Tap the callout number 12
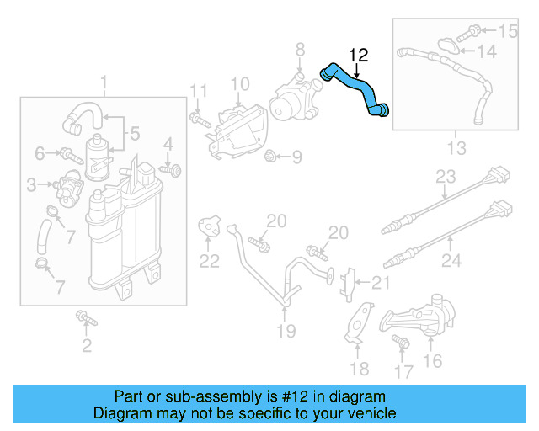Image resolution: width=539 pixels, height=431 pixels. pos(358,56)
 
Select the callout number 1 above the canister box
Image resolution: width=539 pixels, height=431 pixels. pos(104,84)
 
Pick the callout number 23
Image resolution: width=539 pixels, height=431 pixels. pos(446,178)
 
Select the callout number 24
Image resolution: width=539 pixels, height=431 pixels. pos(451,261)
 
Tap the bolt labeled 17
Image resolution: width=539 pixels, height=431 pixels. pos(400,343)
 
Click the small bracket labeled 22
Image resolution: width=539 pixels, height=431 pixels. pos(209,226)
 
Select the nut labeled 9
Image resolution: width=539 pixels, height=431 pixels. pos(272,156)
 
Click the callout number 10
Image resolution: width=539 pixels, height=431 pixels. pos(240,84)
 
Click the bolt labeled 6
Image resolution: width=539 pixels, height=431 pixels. pos(66,153)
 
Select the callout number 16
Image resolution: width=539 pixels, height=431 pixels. pos(432,362)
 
